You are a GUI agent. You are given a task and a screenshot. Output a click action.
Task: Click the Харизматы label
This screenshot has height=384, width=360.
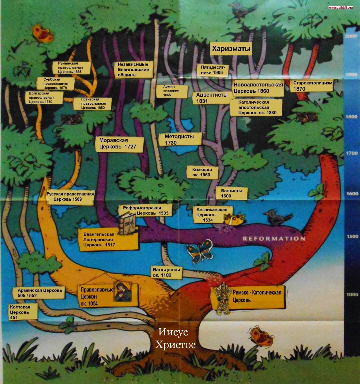click(231, 49)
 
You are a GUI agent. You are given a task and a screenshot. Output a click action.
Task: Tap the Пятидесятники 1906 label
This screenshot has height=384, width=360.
click(213, 70)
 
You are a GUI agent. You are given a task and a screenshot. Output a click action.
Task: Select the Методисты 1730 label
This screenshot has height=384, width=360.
click(179, 140)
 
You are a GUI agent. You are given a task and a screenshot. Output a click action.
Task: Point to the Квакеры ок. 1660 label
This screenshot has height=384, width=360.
click(202, 172)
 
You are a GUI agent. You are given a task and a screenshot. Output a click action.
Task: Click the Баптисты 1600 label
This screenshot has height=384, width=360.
click(231, 193)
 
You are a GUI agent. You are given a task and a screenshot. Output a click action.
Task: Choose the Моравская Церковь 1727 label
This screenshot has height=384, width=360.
click(118, 143)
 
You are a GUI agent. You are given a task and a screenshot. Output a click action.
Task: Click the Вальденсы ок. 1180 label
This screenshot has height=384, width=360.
click(166, 272)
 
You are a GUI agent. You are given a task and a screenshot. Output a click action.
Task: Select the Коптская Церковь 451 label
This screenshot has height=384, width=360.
click(20, 312)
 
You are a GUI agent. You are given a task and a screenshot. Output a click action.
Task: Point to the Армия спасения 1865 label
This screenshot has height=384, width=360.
click(171, 91)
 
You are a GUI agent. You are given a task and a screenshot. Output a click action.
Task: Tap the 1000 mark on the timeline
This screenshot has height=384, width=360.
click(352, 294)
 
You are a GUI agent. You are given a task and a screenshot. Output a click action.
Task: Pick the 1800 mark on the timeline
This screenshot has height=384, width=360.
click(351, 117)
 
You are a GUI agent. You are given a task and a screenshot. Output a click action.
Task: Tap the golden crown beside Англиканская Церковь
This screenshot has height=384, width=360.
click(234, 219)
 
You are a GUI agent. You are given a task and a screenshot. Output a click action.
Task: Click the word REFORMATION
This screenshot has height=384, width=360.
click(274, 238)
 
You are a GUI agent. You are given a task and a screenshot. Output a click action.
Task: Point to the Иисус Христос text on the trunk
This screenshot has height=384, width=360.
click(175, 338)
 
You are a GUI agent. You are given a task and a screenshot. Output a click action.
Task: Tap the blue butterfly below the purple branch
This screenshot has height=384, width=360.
click(200, 250)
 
